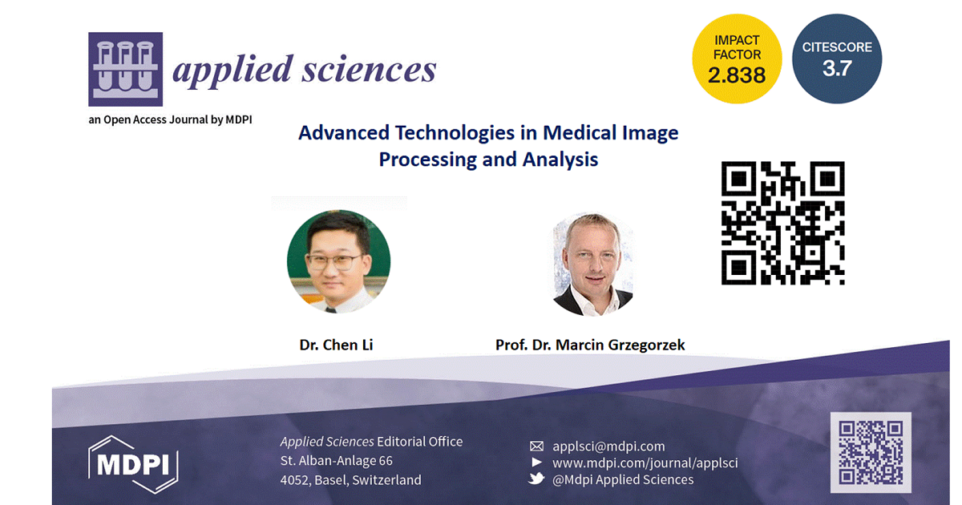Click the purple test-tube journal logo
tap(125, 69)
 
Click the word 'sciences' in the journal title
tap(369, 69)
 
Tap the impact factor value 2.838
tap(737, 75)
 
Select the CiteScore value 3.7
tap(837, 68)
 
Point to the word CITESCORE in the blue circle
tap(837, 47)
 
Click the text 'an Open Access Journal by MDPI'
tap(170, 119)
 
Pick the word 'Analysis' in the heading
tap(560, 160)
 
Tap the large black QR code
tap(783, 223)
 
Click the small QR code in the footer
tap(871, 453)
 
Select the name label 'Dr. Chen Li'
tap(336, 345)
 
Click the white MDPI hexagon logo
tap(133, 465)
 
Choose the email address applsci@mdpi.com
tap(608, 446)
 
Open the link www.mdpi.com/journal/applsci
tap(645, 463)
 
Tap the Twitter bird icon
tap(536, 479)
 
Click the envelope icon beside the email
tap(536, 446)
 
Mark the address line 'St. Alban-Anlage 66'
tap(336, 461)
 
